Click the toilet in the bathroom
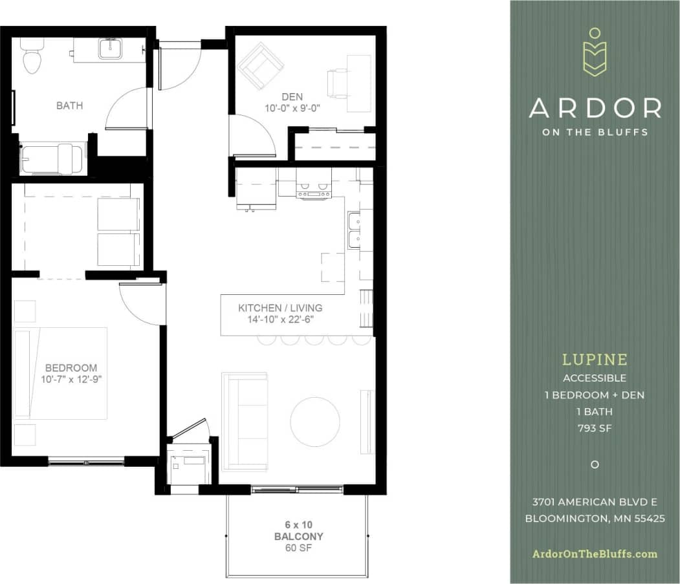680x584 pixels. [30, 56]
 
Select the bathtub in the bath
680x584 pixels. [52, 159]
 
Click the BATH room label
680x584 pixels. [69, 105]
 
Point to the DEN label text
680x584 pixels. [292, 97]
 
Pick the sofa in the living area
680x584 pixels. [245, 420]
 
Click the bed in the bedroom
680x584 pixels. [61, 373]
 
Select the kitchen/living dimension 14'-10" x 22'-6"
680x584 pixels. [280, 319]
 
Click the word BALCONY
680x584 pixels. [298, 537]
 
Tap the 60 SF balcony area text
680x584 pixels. [298, 548]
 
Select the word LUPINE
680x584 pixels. [595, 360]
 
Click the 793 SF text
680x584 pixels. [595, 427]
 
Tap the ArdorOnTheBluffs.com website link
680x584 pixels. [595, 554]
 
